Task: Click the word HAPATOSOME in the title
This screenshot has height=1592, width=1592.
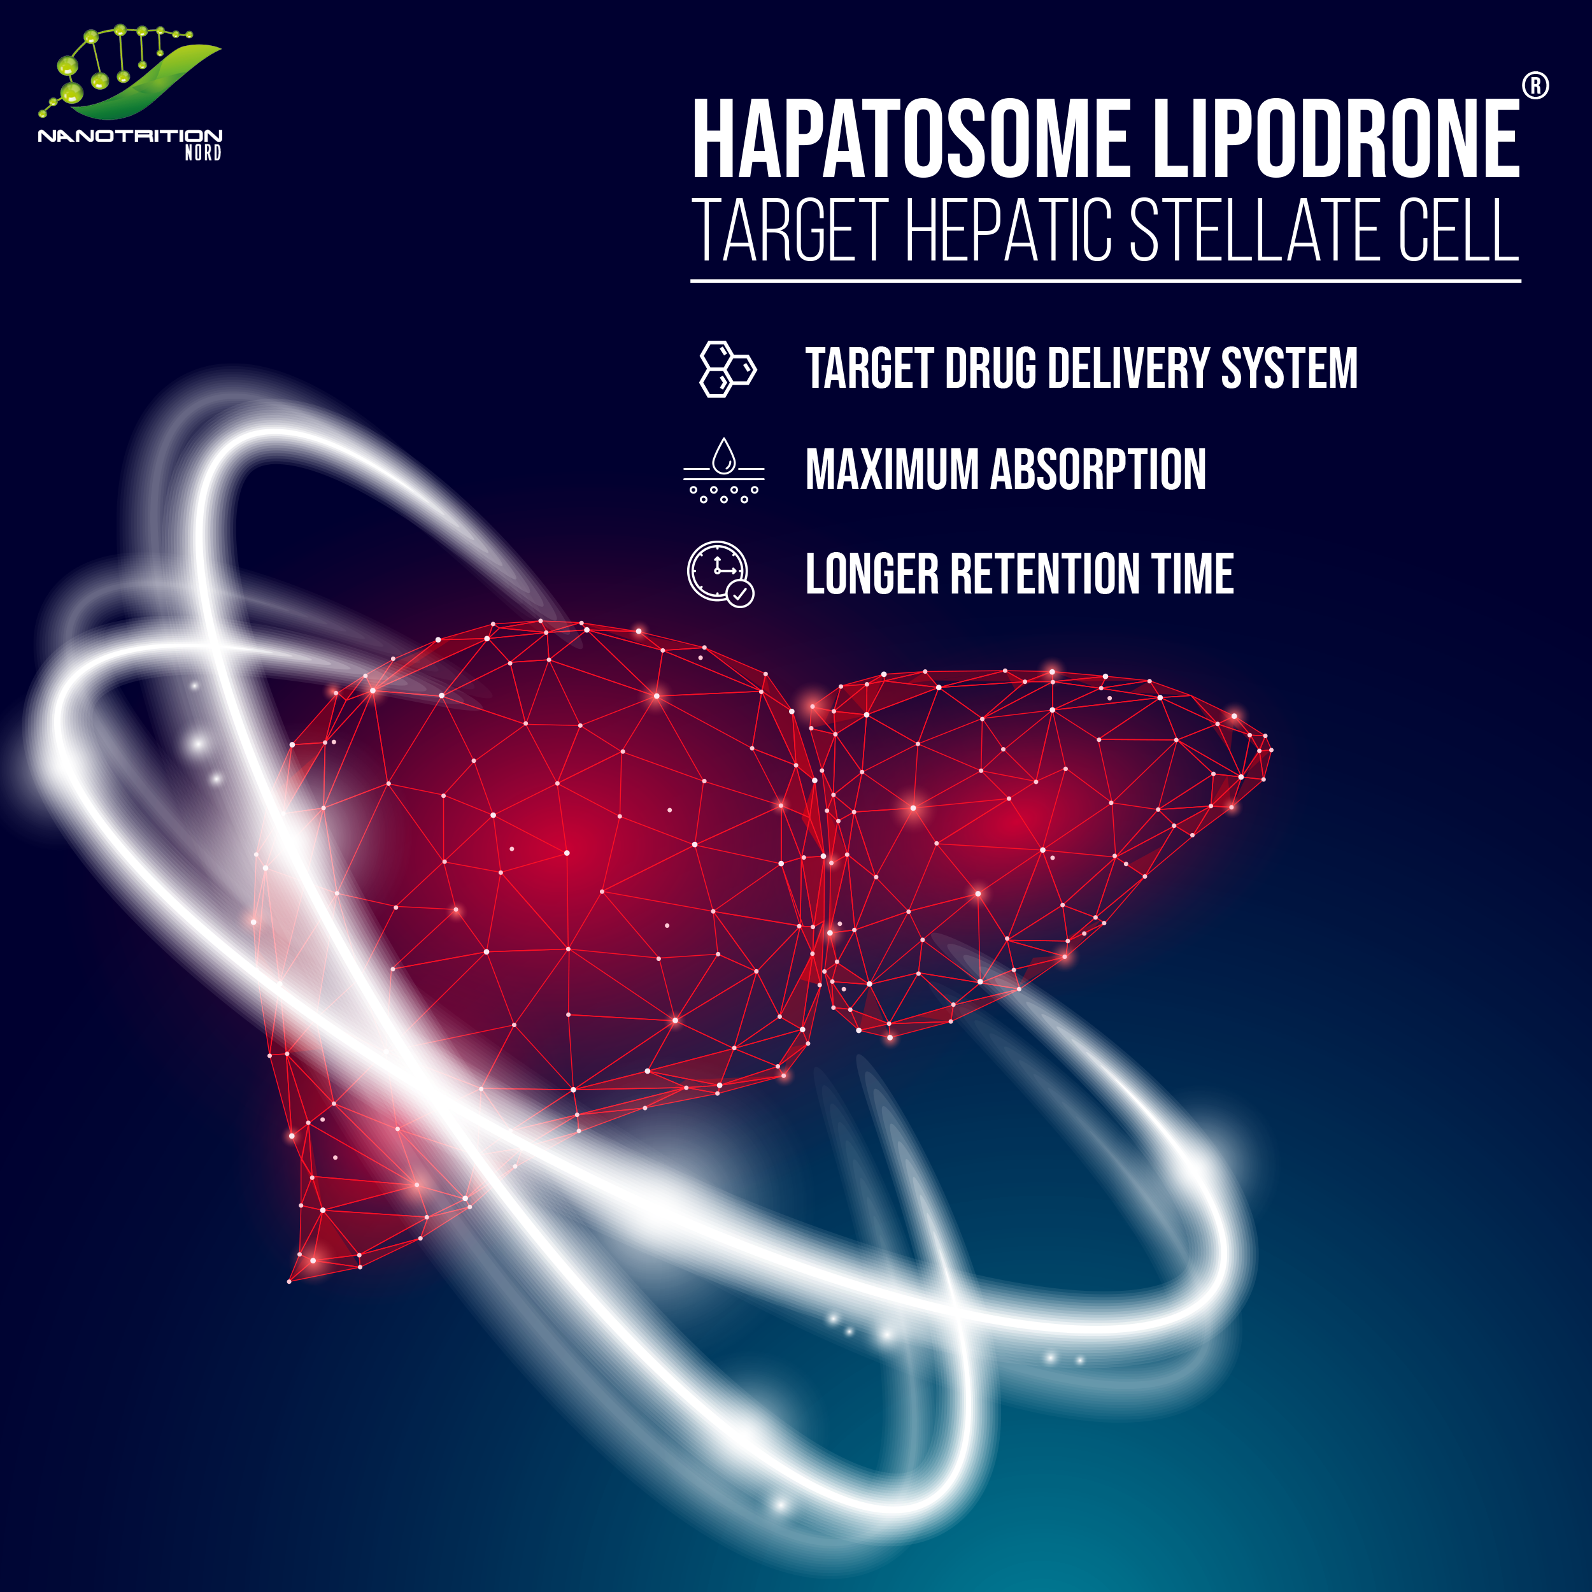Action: [911, 138]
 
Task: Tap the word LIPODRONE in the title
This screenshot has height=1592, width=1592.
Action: [1336, 138]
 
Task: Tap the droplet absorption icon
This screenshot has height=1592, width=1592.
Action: [723, 471]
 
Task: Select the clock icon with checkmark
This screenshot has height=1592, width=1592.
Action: [720, 574]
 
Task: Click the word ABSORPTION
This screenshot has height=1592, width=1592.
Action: [1098, 471]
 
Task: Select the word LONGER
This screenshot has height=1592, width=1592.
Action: [872, 574]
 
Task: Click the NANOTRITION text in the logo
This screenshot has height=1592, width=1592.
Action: [130, 136]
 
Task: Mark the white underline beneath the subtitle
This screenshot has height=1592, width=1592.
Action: [1105, 281]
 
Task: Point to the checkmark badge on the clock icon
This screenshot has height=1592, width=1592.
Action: [740, 593]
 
